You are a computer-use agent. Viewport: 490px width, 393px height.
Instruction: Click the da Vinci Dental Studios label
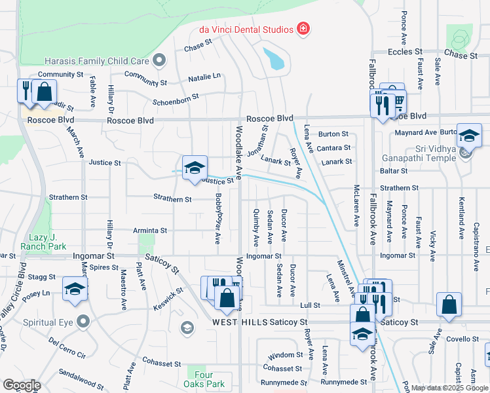pos(247,29)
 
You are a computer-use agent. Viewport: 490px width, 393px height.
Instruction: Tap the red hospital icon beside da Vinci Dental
pos(303,28)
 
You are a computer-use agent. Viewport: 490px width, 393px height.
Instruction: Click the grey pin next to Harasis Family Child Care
pos(159,61)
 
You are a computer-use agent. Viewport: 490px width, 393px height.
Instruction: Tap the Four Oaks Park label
pos(210,379)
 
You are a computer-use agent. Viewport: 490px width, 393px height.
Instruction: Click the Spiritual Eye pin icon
pos(83,322)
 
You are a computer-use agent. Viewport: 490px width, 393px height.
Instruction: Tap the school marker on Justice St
pos(195,168)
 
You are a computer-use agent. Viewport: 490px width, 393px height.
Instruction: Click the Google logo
pos(22,385)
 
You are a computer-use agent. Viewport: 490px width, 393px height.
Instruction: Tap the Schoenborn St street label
pos(175,99)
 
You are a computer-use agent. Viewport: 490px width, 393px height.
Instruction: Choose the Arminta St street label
pos(151,231)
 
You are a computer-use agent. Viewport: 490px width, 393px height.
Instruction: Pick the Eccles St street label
pos(404,52)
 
